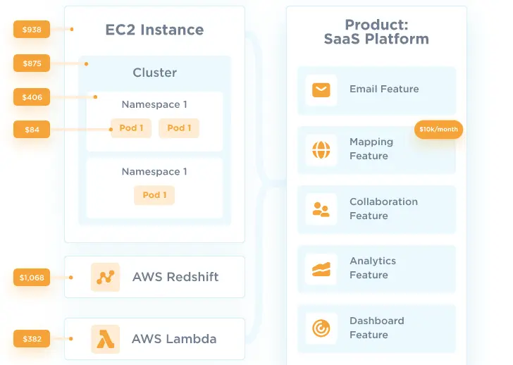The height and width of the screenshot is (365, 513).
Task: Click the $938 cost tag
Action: tap(32, 30)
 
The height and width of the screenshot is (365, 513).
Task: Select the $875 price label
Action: tap(32, 63)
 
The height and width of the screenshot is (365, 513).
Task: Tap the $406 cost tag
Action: tap(32, 97)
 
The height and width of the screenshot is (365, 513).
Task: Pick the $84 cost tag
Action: tap(32, 130)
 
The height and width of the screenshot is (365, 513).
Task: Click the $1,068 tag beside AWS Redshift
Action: tap(32, 278)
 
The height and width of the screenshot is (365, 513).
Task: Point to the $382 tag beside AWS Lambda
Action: tap(32, 339)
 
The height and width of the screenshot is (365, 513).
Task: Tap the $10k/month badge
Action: tap(438, 130)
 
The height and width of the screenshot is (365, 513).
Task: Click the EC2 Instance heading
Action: tap(154, 30)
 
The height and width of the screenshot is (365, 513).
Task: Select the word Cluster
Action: tap(154, 73)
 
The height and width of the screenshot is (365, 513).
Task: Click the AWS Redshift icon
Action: tap(105, 277)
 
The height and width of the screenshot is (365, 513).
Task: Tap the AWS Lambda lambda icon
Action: tap(105, 339)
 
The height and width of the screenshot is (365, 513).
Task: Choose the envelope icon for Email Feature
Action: tap(321, 89)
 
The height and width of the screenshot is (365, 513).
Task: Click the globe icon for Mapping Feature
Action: tap(321, 149)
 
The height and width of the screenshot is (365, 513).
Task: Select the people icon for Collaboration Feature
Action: tap(321, 209)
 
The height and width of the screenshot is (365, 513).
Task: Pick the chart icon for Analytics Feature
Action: tap(321, 268)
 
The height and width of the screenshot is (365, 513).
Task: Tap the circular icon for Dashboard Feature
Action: tap(321, 328)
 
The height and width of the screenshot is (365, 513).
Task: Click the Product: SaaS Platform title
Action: tap(376, 32)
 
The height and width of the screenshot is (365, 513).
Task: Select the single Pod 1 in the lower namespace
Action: tap(154, 195)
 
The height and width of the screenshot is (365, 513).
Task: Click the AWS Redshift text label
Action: tap(175, 277)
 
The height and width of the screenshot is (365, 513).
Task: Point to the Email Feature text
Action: tap(384, 89)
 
